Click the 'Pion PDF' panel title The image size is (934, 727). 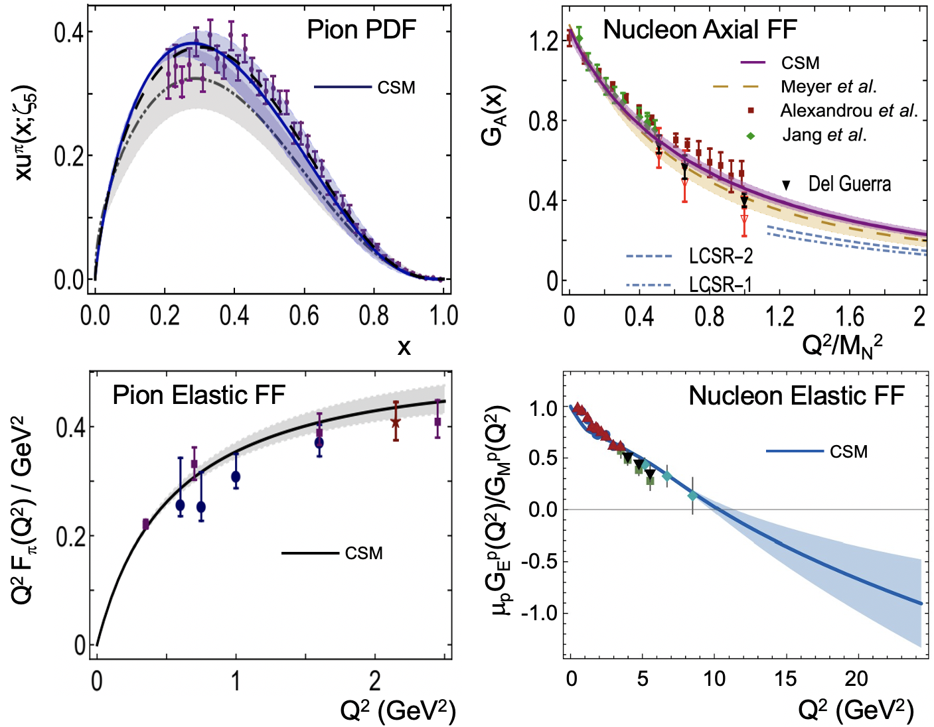point(361,30)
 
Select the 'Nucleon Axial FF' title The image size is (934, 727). point(699,30)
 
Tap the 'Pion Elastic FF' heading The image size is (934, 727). point(198,395)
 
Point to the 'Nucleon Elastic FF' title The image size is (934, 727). point(796,396)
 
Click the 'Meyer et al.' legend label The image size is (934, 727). point(828,87)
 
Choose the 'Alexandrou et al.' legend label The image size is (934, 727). point(849,111)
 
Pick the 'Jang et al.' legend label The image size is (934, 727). point(824,135)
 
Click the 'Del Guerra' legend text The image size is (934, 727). point(849,184)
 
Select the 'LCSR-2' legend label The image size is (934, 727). point(720,256)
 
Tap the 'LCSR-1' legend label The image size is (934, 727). point(720,285)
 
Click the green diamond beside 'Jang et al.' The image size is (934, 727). point(751,135)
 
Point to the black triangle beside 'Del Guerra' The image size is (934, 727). point(787,186)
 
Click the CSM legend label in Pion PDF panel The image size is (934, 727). point(396,88)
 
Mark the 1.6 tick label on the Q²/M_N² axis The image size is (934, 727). point(850,316)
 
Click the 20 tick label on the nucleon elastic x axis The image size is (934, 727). point(856,679)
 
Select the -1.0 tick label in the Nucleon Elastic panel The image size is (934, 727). point(539,612)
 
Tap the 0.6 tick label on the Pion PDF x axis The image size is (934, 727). point(303,316)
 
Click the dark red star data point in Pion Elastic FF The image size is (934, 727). point(396,422)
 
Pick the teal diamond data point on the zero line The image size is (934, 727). point(692,496)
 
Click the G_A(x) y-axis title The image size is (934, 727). point(494,115)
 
